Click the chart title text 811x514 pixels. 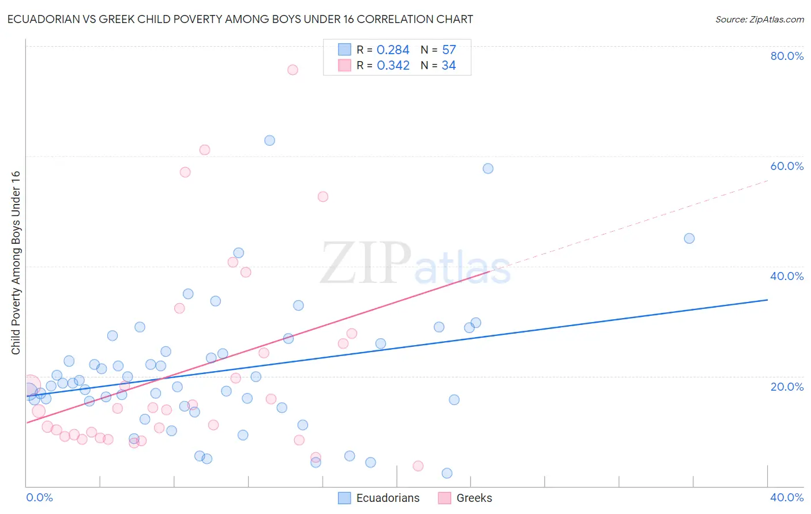coord(240,19)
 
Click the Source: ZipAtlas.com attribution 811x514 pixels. coord(759,19)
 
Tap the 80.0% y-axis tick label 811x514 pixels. coord(787,56)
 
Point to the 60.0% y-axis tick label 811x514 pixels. coord(787,166)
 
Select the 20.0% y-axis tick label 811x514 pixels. coord(787,386)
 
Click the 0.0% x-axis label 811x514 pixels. coord(39,497)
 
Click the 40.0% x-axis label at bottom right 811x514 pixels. coord(787,497)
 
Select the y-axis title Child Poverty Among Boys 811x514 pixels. coord(16,263)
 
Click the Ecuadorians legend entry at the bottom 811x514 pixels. coord(378,498)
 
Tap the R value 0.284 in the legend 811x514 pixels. coord(393,50)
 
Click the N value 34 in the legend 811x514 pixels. coord(449,66)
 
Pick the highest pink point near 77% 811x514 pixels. coord(292,70)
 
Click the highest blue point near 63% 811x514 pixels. coord(269,141)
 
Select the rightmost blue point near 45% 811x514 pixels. coord(689,239)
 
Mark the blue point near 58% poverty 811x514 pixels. coord(488,169)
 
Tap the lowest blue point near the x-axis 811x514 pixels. coord(446,473)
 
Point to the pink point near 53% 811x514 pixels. coord(323,196)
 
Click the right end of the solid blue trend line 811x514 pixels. coord(767,300)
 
